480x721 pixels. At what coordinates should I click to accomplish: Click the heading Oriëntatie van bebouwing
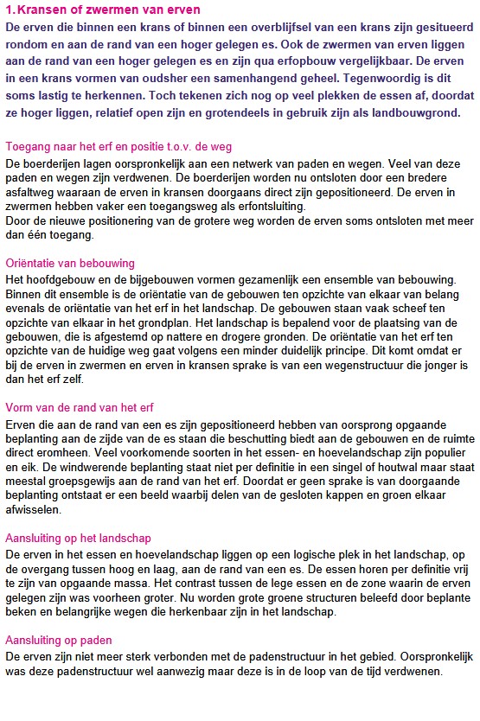coord(70,263)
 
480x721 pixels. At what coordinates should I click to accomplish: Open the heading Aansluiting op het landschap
coord(77,537)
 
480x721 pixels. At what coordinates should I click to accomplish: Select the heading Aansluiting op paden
coord(59,640)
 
